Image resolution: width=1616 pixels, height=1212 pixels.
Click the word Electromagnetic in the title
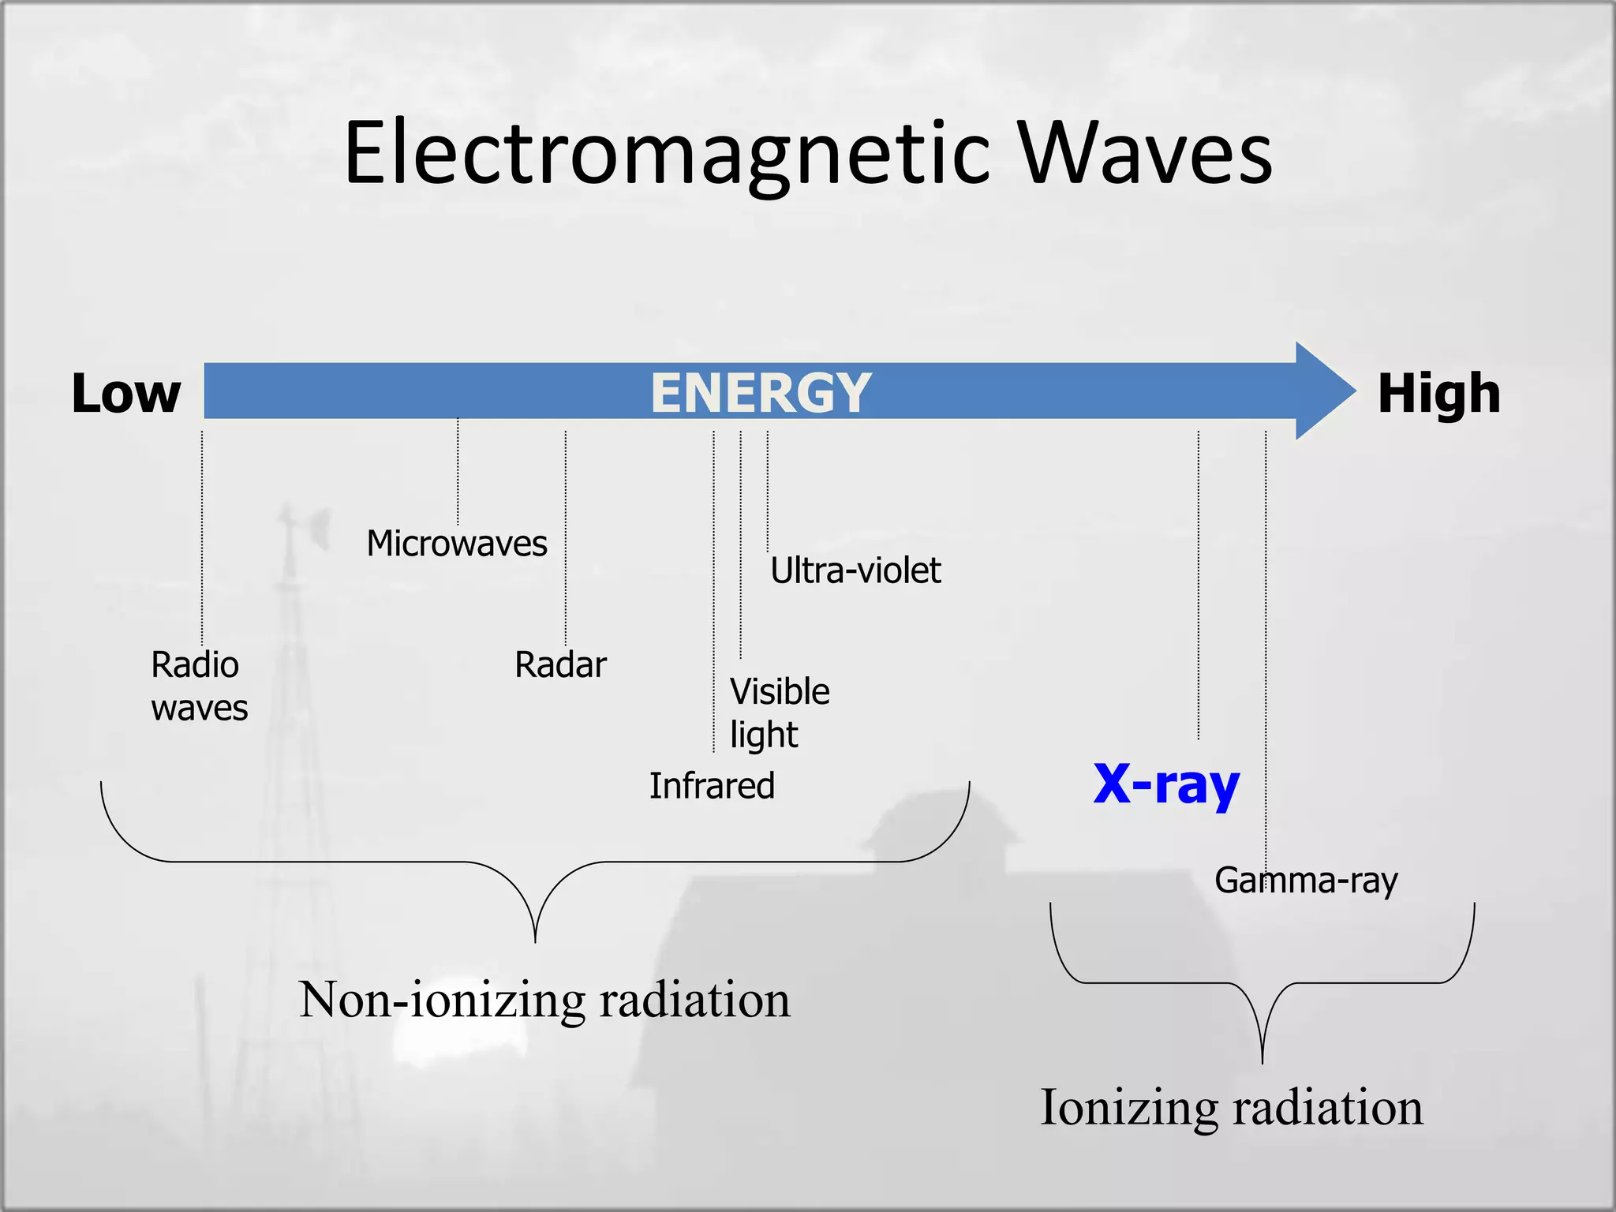[x=667, y=154]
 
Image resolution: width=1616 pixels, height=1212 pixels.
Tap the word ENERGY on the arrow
[x=761, y=392]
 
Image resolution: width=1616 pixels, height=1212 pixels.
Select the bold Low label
[x=126, y=393]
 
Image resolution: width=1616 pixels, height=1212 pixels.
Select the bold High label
[x=1438, y=393]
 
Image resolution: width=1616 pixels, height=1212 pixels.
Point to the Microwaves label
[x=457, y=544]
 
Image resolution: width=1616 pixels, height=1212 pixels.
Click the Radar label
[x=560, y=664]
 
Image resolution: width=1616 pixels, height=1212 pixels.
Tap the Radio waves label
[x=199, y=686]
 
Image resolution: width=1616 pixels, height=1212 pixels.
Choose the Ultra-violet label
[x=855, y=570]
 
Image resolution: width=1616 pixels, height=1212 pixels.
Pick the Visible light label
[x=779, y=713]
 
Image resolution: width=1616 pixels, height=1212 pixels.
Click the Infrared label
[x=712, y=786]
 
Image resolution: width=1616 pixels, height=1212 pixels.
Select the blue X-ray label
[x=1166, y=784]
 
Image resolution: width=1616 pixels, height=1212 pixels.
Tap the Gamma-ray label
[x=1306, y=880]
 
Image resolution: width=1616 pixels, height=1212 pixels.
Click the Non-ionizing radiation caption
[x=544, y=1000]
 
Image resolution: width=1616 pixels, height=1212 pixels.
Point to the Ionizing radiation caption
[x=1232, y=1107]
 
